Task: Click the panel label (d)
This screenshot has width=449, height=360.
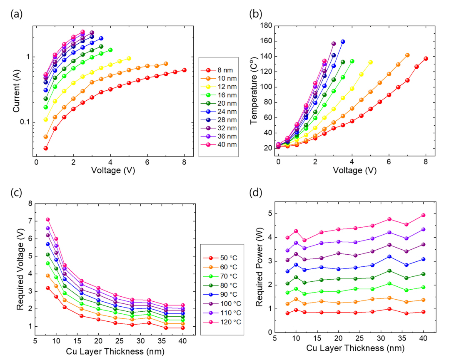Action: click(x=255, y=194)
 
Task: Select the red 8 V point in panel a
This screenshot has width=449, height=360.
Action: click(x=184, y=70)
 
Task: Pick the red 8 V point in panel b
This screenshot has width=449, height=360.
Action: click(x=426, y=59)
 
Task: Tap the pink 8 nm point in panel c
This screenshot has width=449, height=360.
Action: click(x=48, y=219)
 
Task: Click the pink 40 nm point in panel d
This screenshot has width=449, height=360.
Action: click(x=424, y=215)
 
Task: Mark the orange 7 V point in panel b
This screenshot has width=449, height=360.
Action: click(x=407, y=55)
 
